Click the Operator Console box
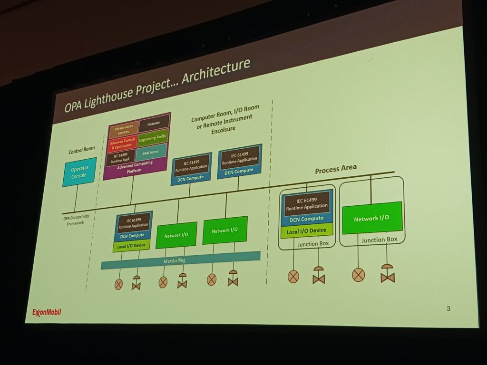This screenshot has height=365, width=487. (79, 172)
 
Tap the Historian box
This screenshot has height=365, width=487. (155, 123)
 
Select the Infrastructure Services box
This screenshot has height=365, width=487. (124, 129)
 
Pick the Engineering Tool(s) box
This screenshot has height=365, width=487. (153, 137)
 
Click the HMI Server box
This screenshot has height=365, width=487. (151, 152)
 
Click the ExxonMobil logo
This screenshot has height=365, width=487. (47, 312)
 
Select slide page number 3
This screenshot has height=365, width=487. (448, 309)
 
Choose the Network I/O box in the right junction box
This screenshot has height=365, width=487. (372, 218)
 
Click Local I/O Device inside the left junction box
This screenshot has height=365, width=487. (307, 231)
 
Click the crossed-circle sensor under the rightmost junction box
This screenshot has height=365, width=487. (359, 274)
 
